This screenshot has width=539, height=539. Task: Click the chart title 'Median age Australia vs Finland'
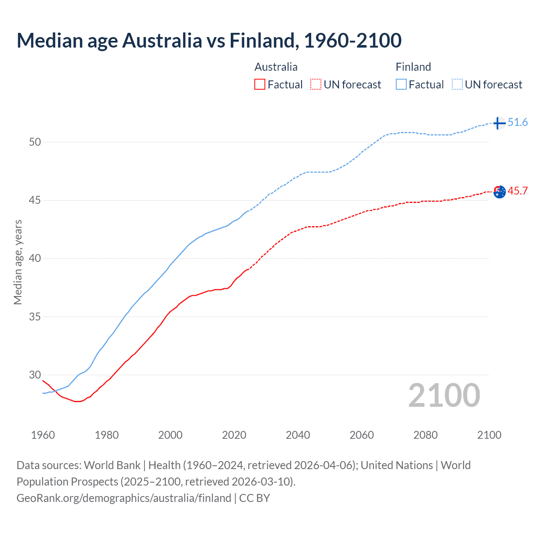pyautogui.click(x=209, y=40)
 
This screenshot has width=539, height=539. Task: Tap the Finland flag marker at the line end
pyautogui.click(x=499, y=123)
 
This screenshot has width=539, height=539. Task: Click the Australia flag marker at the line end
pyautogui.click(x=499, y=192)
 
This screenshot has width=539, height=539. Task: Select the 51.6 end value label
pyautogui.click(x=518, y=123)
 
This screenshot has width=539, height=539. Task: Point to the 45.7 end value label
pyautogui.click(x=518, y=191)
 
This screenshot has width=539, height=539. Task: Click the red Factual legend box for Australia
pyautogui.click(x=260, y=85)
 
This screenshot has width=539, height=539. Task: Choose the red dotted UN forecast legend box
pyautogui.click(x=316, y=85)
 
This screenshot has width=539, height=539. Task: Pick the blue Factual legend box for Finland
pyautogui.click(x=401, y=85)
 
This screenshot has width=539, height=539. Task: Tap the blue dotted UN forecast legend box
pyautogui.click(x=457, y=85)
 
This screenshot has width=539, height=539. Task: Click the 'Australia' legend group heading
pyautogui.click(x=276, y=67)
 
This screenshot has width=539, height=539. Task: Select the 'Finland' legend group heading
pyautogui.click(x=413, y=67)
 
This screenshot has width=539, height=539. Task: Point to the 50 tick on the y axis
pyautogui.click(x=35, y=142)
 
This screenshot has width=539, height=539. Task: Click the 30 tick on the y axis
pyautogui.click(x=35, y=375)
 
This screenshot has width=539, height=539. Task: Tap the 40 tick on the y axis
pyautogui.click(x=35, y=258)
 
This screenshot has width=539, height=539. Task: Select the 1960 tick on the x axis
pyautogui.click(x=43, y=435)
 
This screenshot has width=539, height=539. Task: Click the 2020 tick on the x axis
pyautogui.click(x=234, y=435)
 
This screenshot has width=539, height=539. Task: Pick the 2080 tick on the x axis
pyautogui.click(x=425, y=435)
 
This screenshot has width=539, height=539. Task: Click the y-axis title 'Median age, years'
pyautogui.click(x=18, y=262)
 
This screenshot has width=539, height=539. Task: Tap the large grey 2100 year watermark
pyautogui.click(x=444, y=395)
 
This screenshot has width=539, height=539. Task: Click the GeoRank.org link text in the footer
pyautogui.click(x=124, y=498)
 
